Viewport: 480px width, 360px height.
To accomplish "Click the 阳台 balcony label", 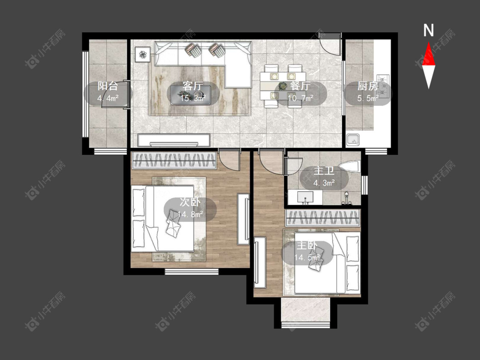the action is pyautogui.click(x=108, y=86).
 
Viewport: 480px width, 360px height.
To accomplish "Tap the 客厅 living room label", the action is pyautogui.click(x=192, y=86).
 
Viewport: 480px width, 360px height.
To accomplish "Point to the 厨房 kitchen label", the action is pyautogui.click(x=368, y=86).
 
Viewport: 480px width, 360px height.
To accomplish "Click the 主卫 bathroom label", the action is pyautogui.click(x=324, y=171).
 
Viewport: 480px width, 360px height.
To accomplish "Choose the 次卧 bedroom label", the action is pyautogui.click(x=190, y=202).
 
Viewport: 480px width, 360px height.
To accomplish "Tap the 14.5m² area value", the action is pyautogui.click(x=307, y=257).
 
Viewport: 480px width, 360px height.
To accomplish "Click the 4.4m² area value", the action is pyautogui.click(x=108, y=98).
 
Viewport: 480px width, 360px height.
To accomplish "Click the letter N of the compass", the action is pyautogui.click(x=428, y=30).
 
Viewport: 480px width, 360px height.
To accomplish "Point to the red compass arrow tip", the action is pyautogui.click(x=428, y=42).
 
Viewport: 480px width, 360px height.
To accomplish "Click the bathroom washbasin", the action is pyautogui.click(x=305, y=197).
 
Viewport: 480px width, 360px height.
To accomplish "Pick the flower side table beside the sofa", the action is pyautogui.click(x=143, y=55).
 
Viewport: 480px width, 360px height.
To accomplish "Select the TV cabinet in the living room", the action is pyautogui.click(x=174, y=140).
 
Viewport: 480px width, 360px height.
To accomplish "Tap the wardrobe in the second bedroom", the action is pyautogui.click(x=174, y=160).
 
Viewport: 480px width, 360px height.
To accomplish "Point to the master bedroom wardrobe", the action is pyautogui.click(x=323, y=218).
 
